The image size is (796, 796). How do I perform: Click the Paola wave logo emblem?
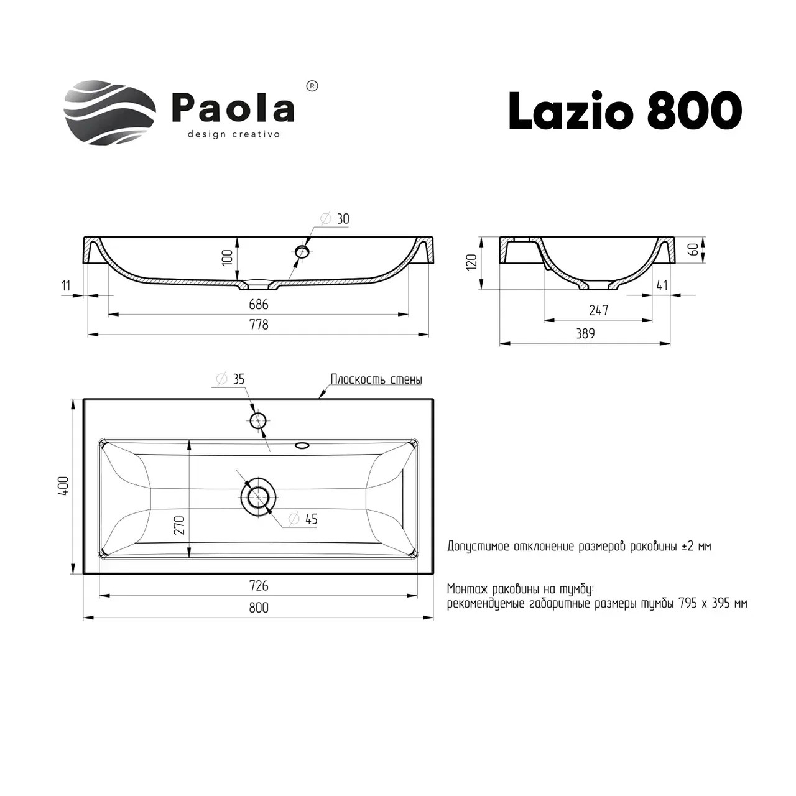[x=110, y=113]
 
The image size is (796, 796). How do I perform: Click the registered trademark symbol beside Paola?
[x=313, y=86]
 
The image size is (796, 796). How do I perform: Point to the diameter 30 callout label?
[x=335, y=218]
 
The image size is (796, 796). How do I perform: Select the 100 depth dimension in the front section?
[x=228, y=257]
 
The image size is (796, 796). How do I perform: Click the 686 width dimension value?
[x=259, y=305]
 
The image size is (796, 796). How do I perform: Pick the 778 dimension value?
[x=259, y=324]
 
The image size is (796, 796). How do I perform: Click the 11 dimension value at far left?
[x=66, y=285]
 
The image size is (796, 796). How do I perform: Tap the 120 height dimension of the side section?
[x=472, y=262]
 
